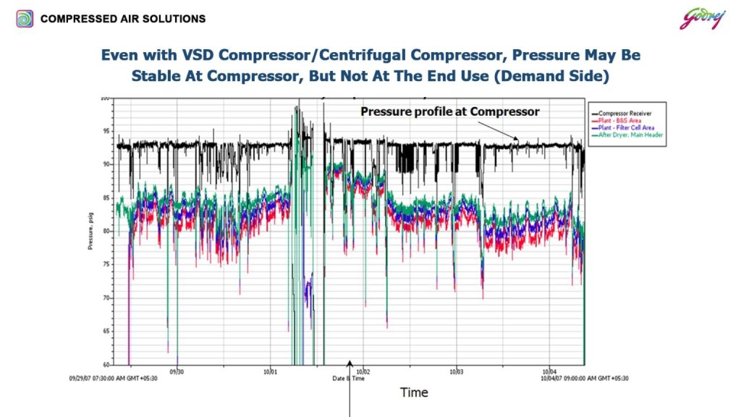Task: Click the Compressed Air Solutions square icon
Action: click(x=25, y=19)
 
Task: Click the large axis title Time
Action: click(x=414, y=392)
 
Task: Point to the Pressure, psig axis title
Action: click(x=91, y=231)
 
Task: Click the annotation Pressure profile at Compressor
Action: click(x=450, y=111)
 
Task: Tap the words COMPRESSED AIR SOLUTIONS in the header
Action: click(x=123, y=19)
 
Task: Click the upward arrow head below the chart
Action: click(x=351, y=364)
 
